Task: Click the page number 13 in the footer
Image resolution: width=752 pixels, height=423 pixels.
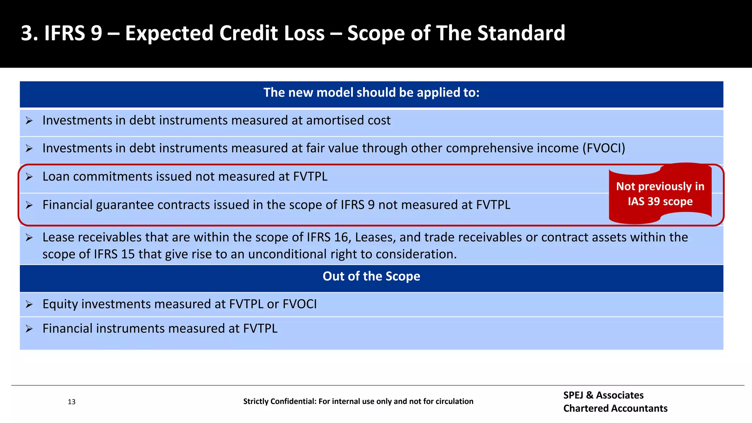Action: [72, 402]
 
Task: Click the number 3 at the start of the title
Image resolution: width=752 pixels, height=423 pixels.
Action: [27, 33]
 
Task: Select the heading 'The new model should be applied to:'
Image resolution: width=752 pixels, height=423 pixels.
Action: [371, 93]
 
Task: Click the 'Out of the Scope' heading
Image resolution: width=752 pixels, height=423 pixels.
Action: [371, 276]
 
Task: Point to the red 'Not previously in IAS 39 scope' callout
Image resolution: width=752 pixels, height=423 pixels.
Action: [660, 194]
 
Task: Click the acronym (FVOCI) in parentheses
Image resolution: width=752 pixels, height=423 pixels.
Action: [604, 148]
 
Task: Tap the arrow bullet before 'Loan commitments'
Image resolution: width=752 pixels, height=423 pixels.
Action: [29, 177]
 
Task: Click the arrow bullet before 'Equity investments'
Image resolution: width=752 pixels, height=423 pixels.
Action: [29, 304]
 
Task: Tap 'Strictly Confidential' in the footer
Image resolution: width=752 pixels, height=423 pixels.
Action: [279, 401]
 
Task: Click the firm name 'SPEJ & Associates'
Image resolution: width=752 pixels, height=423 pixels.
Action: [603, 395]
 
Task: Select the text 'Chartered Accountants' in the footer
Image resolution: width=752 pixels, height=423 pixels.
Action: [615, 408]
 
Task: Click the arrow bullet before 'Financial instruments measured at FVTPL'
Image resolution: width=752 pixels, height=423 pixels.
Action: [29, 329]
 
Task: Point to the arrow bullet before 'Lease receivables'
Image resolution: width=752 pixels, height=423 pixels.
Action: [29, 238]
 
